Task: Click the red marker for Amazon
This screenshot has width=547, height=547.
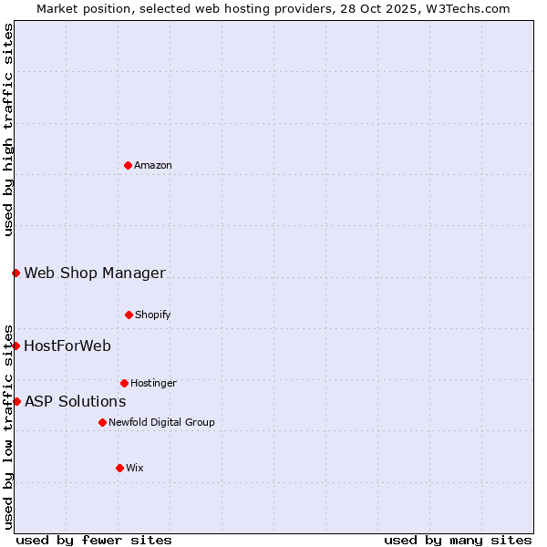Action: pyautogui.click(x=128, y=165)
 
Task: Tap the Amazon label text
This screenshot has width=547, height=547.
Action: pyautogui.click(x=153, y=165)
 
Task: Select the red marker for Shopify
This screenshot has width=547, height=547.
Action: pyautogui.click(x=129, y=315)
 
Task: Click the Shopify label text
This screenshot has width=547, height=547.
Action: pyautogui.click(x=152, y=315)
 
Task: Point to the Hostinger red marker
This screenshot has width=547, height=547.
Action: pyautogui.click(x=124, y=383)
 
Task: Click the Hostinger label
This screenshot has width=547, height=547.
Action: pyautogui.click(x=153, y=383)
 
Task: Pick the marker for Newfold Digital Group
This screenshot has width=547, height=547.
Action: pyautogui.click(x=102, y=422)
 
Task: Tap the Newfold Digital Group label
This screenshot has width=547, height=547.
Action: pyautogui.click(x=161, y=422)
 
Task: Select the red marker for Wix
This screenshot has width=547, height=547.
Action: pyautogui.click(x=119, y=468)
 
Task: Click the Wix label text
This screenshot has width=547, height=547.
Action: pyautogui.click(x=135, y=468)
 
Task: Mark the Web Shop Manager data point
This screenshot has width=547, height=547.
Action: pyautogui.click(x=15, y=273)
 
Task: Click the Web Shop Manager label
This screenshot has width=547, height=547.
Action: pyautogui.click(x=95, y=273)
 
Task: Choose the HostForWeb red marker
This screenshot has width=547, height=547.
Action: pyautogui.click(x=15, y=346)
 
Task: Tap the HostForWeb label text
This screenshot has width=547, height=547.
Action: pyautogui.click(x=67, y=346)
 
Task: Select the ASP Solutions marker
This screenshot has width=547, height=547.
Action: pyautogui.click(x=16, y=401)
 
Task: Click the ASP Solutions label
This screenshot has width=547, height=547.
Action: pyautogui.click(x=75, y=401)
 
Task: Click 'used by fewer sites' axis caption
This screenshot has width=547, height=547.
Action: pyautogui.click(x=94, y=540)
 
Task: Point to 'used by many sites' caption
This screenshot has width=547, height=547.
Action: pyautogui.click(x=458, y=540)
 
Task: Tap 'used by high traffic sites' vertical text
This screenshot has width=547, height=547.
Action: pyautogui.click(x=8, y=129)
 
